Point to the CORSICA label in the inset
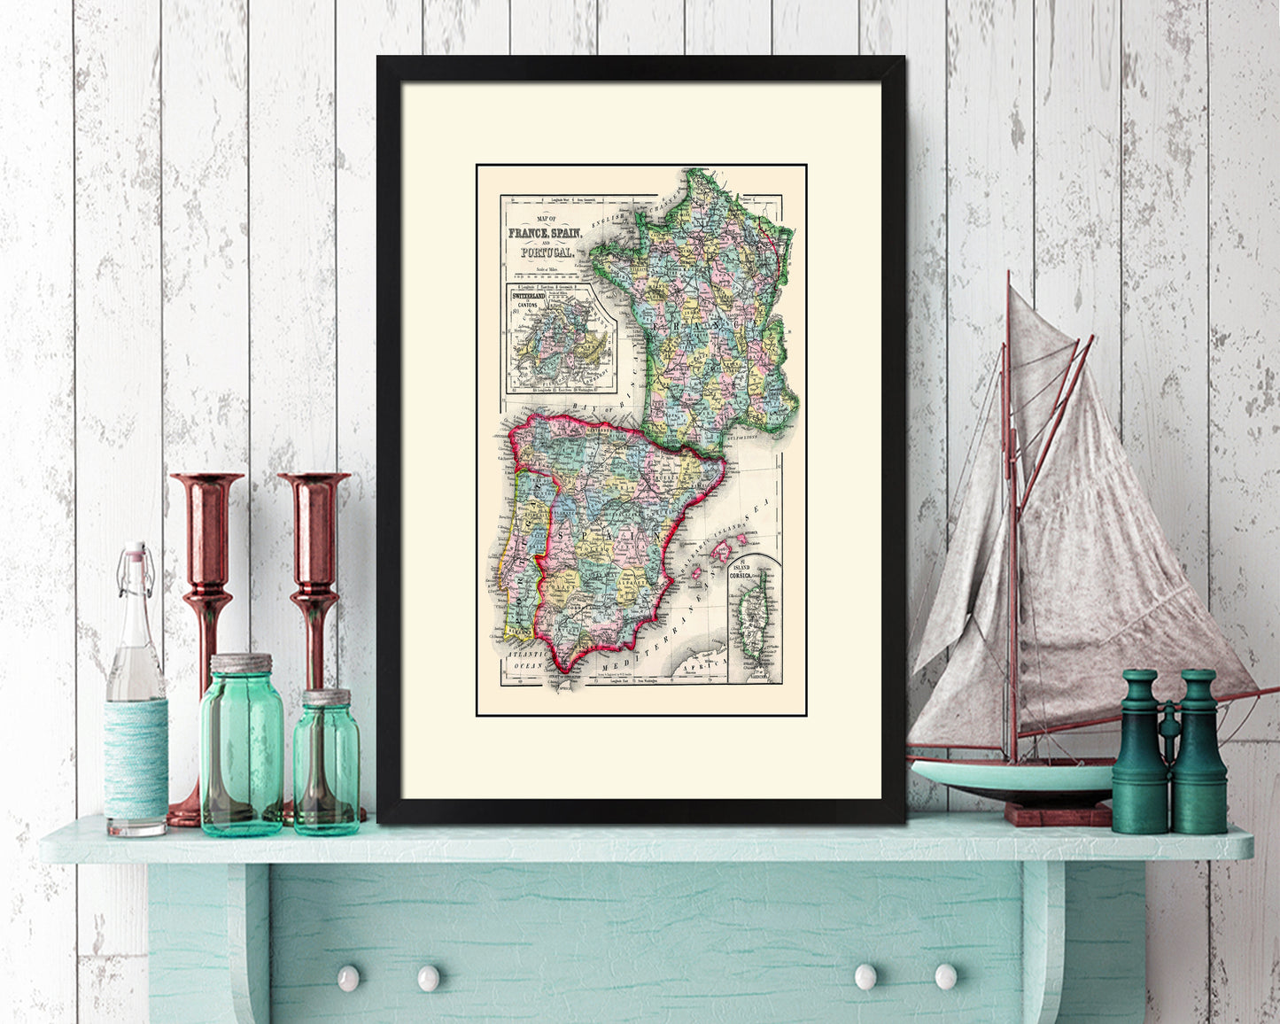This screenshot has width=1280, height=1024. [740, 576]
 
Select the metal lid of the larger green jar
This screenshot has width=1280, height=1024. [241, 663]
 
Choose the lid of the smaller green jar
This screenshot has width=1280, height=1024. [327, 697]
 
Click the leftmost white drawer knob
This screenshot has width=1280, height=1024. [347, 978]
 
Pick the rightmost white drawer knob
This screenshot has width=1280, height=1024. [945, 976]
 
